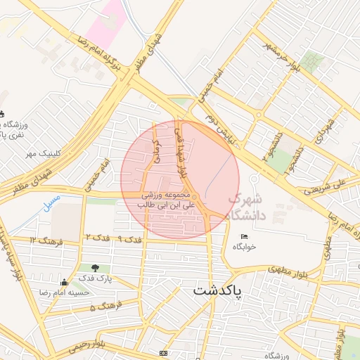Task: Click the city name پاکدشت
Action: click(217, 290)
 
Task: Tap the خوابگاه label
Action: click(247, 247)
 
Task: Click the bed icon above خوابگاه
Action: click(244, 236)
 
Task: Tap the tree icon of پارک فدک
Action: click(95, 267)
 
